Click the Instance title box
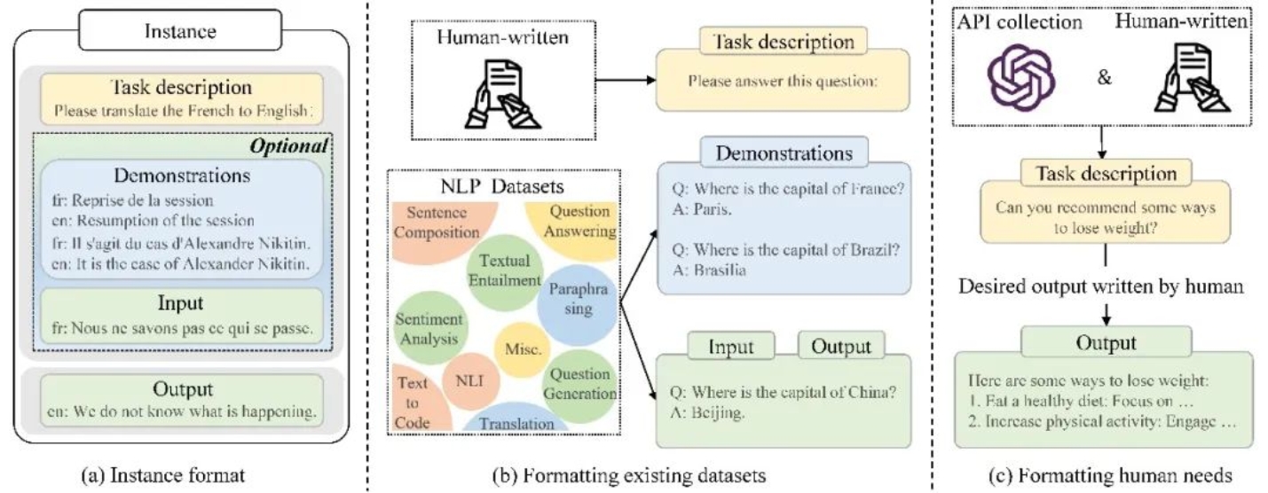(180, 32)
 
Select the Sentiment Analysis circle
(429, 328)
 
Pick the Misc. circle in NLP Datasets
(517, 350)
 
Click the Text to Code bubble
(413, 402)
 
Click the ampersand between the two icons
(1104, 77)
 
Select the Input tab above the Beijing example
(730, 347)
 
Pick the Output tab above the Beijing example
(841, 347)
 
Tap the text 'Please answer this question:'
(783, 82)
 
